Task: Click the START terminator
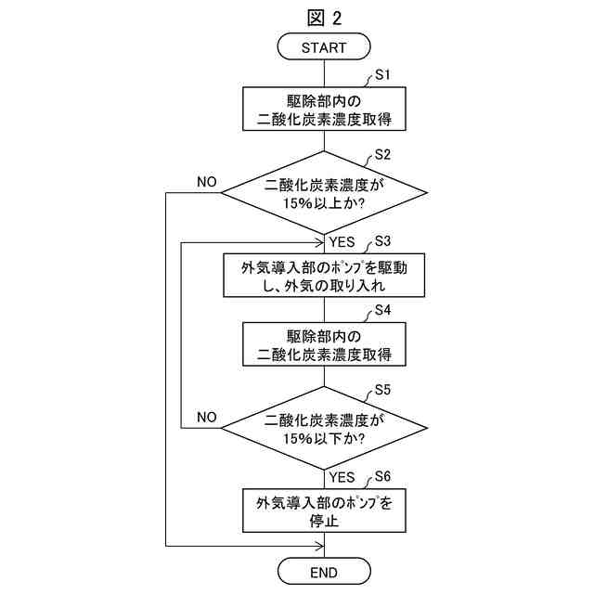323,46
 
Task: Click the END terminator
323,571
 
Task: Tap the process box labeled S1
323,109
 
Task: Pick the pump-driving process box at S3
323,277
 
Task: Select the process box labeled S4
323,344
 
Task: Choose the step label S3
382,241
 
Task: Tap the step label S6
382,476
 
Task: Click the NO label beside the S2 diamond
207,182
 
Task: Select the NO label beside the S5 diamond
207,417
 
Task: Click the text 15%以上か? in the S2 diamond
323,203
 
